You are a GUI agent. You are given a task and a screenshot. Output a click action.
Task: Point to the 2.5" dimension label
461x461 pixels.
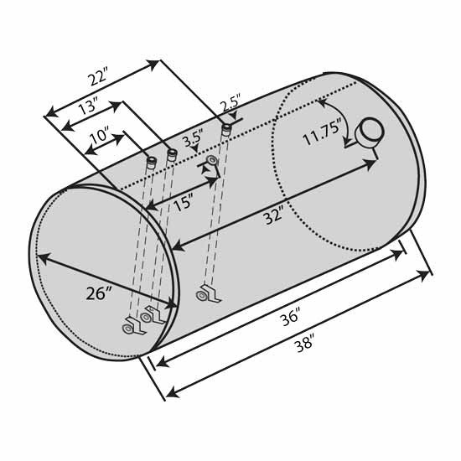point(230,107)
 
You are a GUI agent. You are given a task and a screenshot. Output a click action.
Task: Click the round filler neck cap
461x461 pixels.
point(370,133)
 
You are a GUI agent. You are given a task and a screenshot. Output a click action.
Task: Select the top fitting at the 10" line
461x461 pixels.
point(152,161)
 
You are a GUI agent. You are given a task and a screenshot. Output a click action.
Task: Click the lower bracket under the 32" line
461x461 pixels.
point(205,293)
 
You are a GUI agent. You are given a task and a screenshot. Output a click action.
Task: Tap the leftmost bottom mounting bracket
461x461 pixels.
point(132,324)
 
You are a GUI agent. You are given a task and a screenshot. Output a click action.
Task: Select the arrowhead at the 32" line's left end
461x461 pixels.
point(178,246)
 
